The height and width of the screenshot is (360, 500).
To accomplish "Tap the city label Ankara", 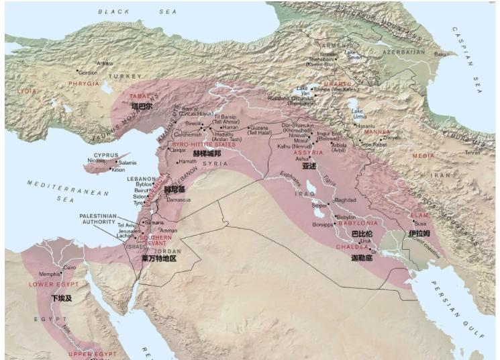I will (x=105, y=63).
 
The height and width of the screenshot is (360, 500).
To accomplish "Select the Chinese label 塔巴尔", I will (x=141, y=106).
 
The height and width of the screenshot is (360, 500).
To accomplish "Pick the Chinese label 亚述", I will (x=309, y=165).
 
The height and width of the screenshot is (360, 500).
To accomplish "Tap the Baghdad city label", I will (x=344, y=200).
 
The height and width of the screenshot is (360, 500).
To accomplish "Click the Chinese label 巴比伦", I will (x=362, y=233).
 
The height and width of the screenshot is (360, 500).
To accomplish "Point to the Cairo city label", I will (x=69, y=267).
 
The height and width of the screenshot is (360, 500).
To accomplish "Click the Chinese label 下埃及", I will (x=60, y=298).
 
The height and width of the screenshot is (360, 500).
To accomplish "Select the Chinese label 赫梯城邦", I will (x=207, y=153).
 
